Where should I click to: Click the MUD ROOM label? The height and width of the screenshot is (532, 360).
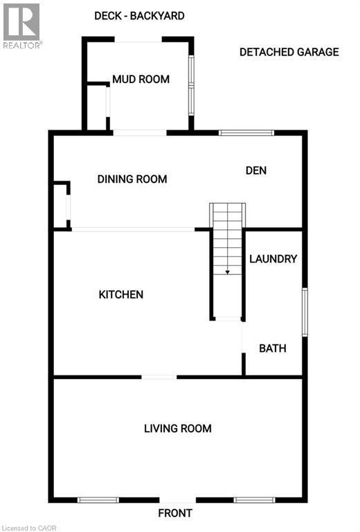point(141,79)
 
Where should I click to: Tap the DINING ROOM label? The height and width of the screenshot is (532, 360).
point(132,179)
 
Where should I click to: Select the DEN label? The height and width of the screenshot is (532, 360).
point(255,170)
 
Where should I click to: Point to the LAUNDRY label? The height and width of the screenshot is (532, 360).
point(273,258)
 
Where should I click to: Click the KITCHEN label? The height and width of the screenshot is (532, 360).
point(121,294)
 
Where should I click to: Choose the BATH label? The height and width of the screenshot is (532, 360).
point(272,348)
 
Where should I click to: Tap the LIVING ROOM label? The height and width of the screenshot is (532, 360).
point(177,428)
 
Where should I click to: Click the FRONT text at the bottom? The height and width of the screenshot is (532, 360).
point(174,513)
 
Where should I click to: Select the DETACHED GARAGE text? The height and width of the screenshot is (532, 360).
point(289,52)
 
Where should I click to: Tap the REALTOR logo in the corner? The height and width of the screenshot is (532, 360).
point(22,25)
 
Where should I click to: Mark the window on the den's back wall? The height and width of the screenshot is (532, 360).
point(246,132)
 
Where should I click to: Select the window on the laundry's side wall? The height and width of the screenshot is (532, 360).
point(305,313)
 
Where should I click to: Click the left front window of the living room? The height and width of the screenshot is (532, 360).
point(98,499)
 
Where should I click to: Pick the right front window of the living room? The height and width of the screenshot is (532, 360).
point(255,499)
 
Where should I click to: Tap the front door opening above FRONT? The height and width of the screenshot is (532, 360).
point(178,500)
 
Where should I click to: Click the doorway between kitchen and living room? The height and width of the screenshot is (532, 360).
point(159,377)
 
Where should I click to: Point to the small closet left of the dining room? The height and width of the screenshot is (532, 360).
point(61,206)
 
